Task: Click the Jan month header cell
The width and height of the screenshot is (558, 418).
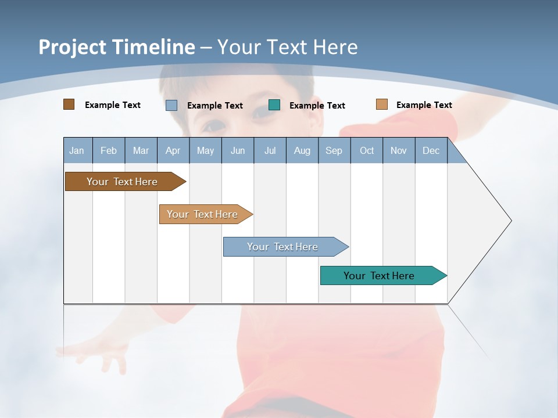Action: [x=77, y=151]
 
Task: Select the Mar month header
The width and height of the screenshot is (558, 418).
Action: [x=141, y=151]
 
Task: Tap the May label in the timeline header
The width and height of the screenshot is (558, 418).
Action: [x=205, y=151]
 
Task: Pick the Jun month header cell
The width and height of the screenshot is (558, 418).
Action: [x=238, y=151]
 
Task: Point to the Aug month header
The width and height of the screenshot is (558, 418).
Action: [x=302, y=151]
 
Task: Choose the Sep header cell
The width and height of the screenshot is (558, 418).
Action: [x=334, y=151]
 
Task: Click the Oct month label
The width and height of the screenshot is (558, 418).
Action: [x=367, y=151]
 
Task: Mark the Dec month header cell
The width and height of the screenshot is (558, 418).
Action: [x=431, y=151]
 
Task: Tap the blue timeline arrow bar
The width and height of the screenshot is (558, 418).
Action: [x=283, y=247]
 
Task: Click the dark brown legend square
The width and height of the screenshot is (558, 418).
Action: [x=69, y=105]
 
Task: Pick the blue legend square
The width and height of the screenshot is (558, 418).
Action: [x=171, y=105]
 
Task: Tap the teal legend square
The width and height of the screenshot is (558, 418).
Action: [x=274, y=105]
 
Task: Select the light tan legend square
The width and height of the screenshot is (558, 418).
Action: [x=381, y=105]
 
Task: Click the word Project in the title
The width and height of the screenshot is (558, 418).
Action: [x=72, y=47]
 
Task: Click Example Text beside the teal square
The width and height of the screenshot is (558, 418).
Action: [x=317, y=106]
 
